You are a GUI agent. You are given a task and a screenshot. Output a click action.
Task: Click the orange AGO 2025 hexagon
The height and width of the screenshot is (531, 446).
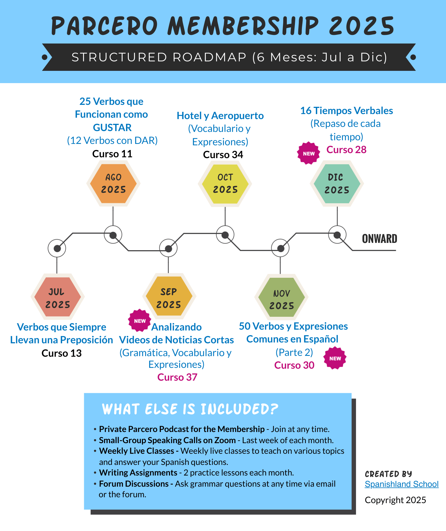[x=113, y=184]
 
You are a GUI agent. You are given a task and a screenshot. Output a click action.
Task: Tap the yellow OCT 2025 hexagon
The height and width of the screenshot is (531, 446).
[x=225, y=184]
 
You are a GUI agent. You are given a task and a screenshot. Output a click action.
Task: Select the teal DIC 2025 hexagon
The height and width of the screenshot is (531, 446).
[x=337, y=184]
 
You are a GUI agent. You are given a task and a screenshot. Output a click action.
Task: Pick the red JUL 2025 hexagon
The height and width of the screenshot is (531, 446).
[x=57, y=297]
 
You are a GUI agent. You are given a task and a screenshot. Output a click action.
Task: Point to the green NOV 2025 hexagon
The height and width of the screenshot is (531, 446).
[x=281, y=297]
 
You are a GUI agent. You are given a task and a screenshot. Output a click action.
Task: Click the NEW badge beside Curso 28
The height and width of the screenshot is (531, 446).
[x=309, y=153]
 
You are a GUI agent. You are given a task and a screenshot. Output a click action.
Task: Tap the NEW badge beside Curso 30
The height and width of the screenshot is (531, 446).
[x=335, y=358]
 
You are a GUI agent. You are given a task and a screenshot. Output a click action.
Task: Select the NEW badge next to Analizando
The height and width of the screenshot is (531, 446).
[x=140, y=321]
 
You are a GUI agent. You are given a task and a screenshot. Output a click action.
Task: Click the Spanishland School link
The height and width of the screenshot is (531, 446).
[x=401, y=484]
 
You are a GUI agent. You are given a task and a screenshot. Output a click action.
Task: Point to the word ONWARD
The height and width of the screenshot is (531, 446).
[x=379, y=239]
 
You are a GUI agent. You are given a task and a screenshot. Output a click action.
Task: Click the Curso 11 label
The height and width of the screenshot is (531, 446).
[x=112, y=154]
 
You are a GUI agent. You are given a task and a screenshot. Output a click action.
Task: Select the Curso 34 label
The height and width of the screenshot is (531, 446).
[x=223, y=155]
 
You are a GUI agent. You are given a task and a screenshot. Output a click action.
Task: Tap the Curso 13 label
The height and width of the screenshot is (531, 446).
[x=62, y=353]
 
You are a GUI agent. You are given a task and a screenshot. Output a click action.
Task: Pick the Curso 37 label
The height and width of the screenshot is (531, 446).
[x=177, y=377]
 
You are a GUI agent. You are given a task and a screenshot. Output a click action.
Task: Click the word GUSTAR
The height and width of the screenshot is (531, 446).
[x=112, y=128]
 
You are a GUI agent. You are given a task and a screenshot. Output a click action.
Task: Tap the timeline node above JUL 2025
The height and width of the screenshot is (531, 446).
[x=57, y=248]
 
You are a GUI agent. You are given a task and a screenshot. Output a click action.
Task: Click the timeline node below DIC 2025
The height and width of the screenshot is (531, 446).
[x=337, y=235]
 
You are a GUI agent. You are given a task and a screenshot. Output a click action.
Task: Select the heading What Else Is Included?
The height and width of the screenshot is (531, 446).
[x=190, y=409]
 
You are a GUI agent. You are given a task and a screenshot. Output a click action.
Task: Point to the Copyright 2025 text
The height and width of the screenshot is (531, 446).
[x=395, y=500]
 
